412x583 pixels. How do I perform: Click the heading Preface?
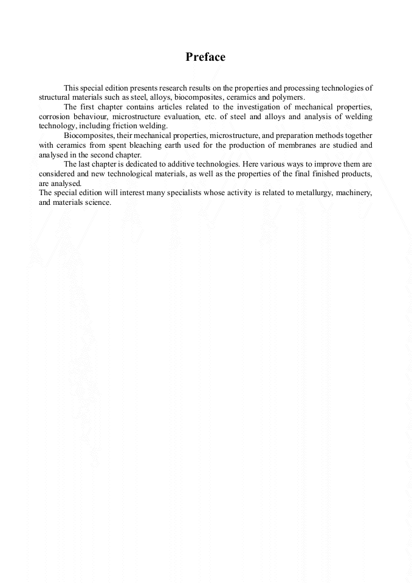[x=205, y=57]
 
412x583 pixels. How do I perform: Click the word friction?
[x=126, y=126]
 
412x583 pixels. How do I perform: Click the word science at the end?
[x=100, y=202]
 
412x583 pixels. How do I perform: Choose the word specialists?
[x=160, y=193]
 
